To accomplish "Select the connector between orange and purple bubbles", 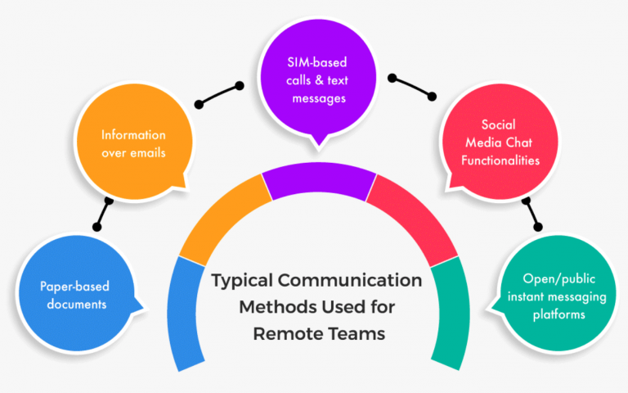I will [x=219, y=94].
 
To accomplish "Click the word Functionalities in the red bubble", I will [x=500, y=160].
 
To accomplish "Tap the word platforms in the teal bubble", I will [x=555, y=314].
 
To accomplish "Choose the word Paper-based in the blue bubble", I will [x=74, y=287].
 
